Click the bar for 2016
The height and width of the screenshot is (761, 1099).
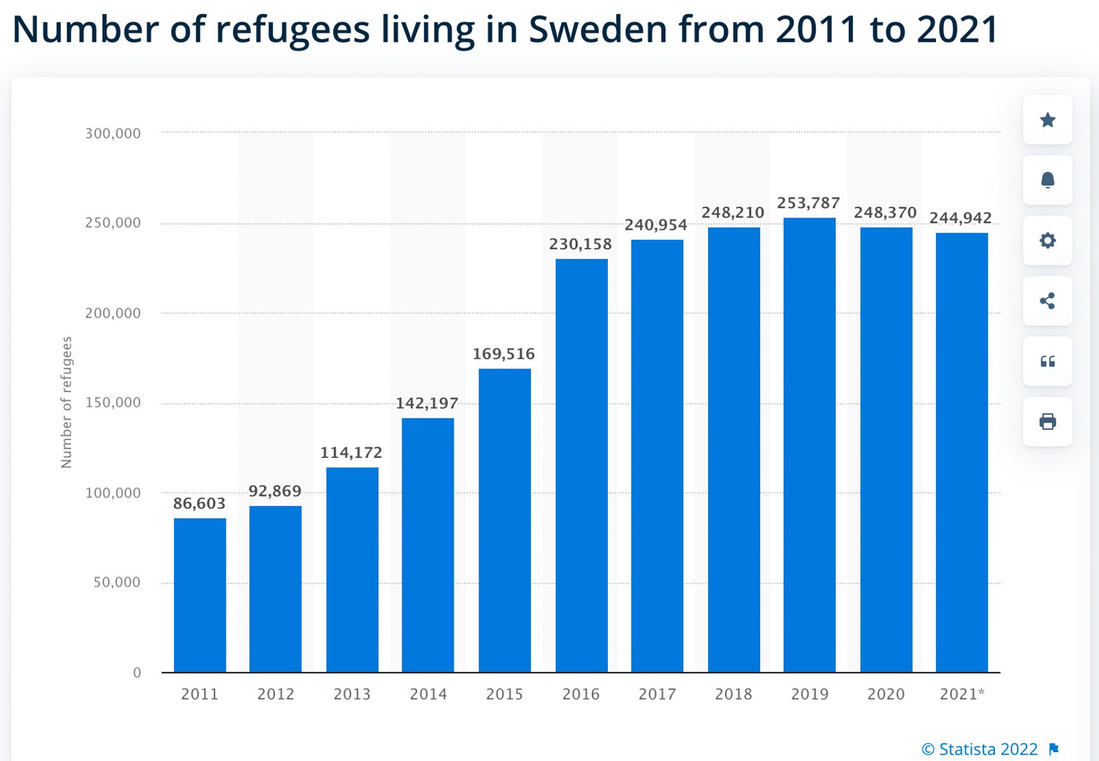[x=581, y=465]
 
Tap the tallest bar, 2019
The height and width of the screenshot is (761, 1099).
[x=810, y=445]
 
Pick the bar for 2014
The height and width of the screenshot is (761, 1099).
[x=428, y=545]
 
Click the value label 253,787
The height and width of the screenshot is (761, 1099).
[x=808, y=203]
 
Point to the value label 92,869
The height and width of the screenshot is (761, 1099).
[x=275, y=491]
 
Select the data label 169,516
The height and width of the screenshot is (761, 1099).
[x=504, y=354]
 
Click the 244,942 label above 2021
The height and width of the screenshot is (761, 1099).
[x=961, y=218]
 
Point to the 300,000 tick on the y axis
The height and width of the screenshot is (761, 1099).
[x=113, y=133]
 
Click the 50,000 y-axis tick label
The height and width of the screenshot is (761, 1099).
[x=117, y=582]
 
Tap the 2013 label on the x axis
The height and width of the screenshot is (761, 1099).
[x=352, y=694]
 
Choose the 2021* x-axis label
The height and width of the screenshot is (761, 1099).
[x=962, y=694]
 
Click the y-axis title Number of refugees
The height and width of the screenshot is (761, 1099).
[x=67, y=402]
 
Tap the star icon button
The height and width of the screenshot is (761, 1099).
[x=1048, y=120]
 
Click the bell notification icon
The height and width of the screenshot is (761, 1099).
[x=1048, y=180]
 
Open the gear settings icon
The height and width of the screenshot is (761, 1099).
[x=1048, y=240]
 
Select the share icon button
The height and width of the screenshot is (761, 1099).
[x=1048, y=301]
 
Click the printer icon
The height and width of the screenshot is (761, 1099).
[x=1048, y=422]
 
